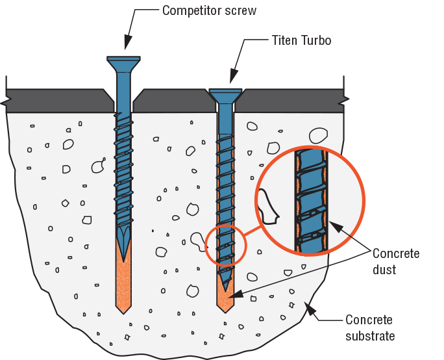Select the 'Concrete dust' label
click(x=395, y=260)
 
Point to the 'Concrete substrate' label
click(x=370, y=328)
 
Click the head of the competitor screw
click(x=124, y=63)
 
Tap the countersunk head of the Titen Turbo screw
click(x=226, y=95)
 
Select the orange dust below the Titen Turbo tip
click(x=226, y=300)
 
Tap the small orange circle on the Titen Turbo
click(x=225, y=244)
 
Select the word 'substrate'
click(x=370, y=335)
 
